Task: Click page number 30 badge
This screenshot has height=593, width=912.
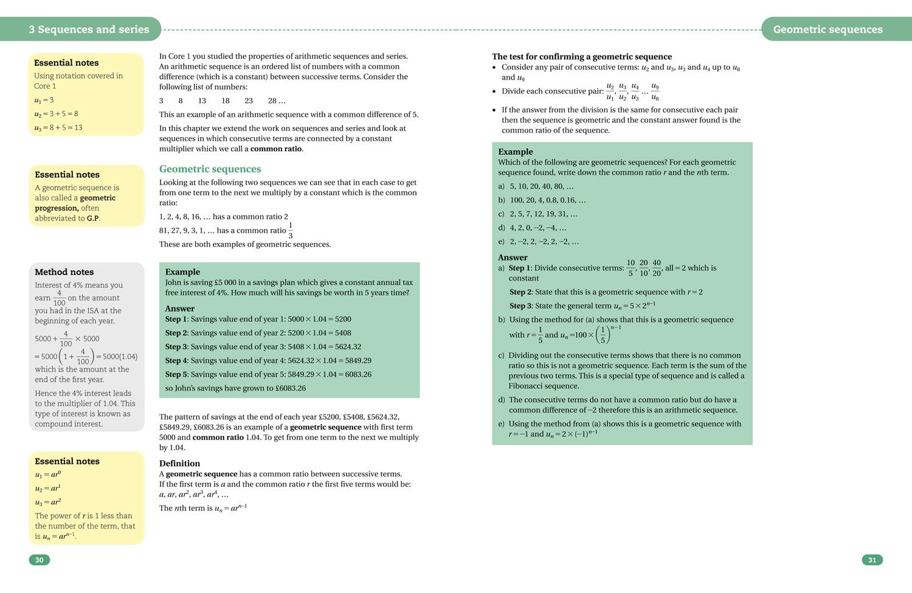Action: pyautogui.click(x=39, y=560)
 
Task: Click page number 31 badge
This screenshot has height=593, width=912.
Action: pyautogui.click(x=871, y=560)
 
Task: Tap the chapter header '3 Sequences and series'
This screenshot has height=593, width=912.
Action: pyautogui.click(x=89, y=29)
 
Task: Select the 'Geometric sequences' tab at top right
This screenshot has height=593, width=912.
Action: pyautogui.click(x=827, y=29)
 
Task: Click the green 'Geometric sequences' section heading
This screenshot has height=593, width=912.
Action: pyautogui.click(x=210, y=169)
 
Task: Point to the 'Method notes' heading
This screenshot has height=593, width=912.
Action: pyautogui.click(x=64, y=272)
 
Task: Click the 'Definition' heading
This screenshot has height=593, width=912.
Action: pyautogui.click(x=179, y=463)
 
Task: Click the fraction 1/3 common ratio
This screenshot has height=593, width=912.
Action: pyautogui.click(x=290, y=230)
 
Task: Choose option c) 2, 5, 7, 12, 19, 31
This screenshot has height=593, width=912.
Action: pyautogui.click(x=538, y=214)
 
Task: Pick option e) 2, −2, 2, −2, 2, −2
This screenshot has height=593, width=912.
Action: pyautogui.click(x=539, y=241)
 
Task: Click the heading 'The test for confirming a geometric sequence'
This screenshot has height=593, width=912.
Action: pyautogui.click(x=582, y=57)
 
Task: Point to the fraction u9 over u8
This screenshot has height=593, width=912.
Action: pyautogui.click(x=654, y=92)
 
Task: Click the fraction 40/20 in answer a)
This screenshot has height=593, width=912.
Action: pyautogui.click(x=656, y=268)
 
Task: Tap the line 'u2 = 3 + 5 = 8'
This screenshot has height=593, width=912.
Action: pyautogui.click(x=56, y=114)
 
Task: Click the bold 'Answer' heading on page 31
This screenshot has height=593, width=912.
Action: pyautogui.click(x=513, y=257)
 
